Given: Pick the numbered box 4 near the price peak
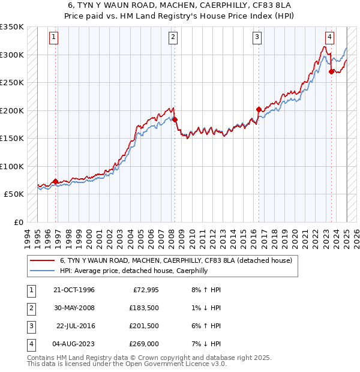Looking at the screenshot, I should pyautogui.click(x=330, y=36).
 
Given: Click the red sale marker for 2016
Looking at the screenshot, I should pyautogui.click(x=259, y=109).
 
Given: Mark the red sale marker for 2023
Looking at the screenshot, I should pyautogui.click(x=331, y=71).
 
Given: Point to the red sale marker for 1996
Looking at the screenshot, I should pyautogui.click(x=56, y=181).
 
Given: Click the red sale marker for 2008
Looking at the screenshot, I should pyautogui.click(x=175, y=119).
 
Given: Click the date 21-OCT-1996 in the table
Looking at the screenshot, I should pyautogui.click(x=74, y=290).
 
